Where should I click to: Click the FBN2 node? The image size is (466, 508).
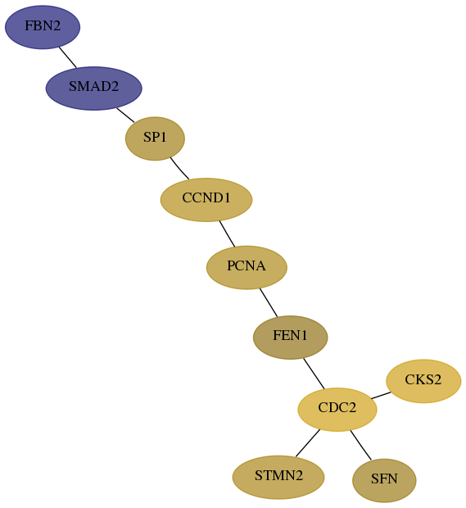coord(43,27)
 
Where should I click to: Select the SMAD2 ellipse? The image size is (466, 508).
coord(94,88)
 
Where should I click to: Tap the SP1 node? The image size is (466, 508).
coord(155,138)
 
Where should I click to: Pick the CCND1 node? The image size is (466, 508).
coord(206,200)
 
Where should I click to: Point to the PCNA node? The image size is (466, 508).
coord(247,268)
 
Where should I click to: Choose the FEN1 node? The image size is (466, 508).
coord(291,338)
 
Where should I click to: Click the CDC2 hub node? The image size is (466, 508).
coord(337,410)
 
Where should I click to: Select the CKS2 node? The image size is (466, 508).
coord(423,381)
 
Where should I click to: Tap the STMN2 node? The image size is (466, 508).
coord(278,478)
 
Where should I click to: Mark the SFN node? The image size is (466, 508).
coord(384,481)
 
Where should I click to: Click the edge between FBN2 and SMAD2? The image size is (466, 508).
coord(68,57)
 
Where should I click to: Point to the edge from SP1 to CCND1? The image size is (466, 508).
coord(179,169)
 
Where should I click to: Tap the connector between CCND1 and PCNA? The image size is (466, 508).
coord(227,234)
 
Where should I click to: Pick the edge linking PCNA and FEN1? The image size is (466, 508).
coord(269,302)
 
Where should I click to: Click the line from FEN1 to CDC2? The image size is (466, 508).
coord(314,374)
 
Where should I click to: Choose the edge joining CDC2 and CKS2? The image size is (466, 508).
coord(381,395)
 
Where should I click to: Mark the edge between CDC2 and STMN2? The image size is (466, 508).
coord(308,443)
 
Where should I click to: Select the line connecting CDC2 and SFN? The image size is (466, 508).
coord(360,445)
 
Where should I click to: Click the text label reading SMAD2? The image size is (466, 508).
coord(94,87)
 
